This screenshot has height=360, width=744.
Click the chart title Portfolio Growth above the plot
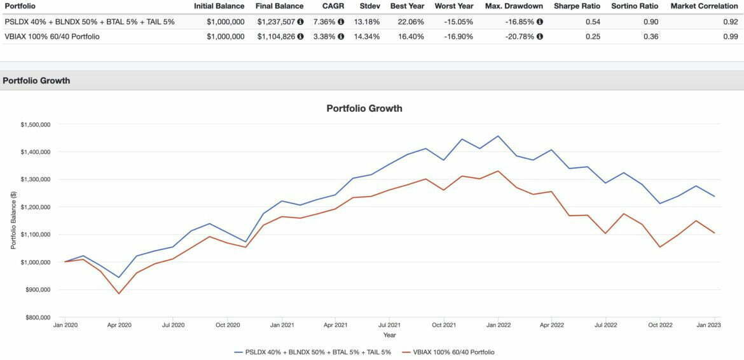[x=364, y=108]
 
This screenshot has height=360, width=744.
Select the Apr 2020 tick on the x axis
[x=119, y=324]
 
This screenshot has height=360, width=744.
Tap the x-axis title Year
[x=389, y=335]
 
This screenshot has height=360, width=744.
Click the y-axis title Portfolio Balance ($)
[x=13, y=221]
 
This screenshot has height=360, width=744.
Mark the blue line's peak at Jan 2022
[x=498, y=136]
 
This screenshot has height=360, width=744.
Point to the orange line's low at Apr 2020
[x=119, y=293]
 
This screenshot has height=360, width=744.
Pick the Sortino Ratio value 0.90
[x=650, y=22]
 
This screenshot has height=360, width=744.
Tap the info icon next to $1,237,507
[x=300, y=22]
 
